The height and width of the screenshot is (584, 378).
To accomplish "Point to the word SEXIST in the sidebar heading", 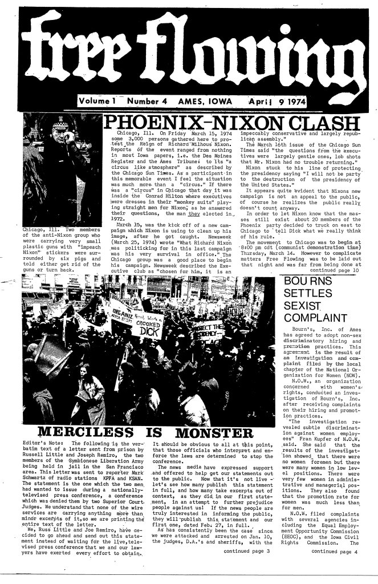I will point(307,307).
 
